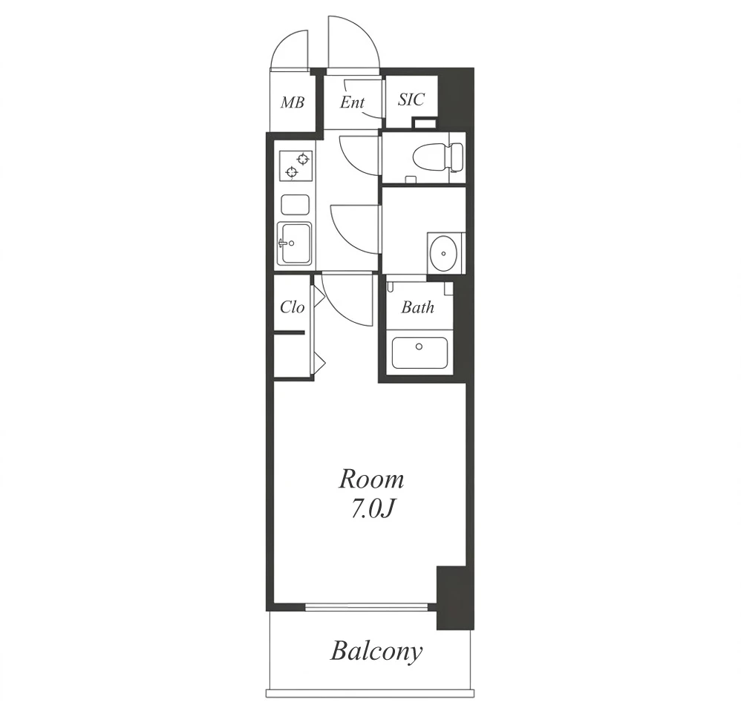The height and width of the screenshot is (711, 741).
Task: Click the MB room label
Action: [292, 102]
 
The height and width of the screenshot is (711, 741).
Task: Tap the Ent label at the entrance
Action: [352, 102]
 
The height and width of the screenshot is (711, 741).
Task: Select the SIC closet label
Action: [411, 99]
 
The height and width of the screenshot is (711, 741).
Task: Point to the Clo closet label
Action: [292, 307]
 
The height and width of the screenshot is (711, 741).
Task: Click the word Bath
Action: [418, 307]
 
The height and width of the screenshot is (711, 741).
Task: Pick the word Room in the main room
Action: [371, 479]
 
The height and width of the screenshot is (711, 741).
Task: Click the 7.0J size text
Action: [371, 509]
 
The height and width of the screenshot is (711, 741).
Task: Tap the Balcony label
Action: [376, 652]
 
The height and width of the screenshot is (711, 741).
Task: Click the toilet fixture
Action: [437, 158]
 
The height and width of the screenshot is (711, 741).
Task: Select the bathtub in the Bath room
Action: [420, 353]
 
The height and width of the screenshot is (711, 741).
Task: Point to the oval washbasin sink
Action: [443, 253]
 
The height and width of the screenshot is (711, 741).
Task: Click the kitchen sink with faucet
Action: [294, 243]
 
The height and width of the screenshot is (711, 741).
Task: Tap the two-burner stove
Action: [296, 166]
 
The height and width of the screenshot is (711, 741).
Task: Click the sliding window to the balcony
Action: [366, 606]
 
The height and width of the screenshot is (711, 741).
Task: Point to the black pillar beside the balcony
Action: [454, 597]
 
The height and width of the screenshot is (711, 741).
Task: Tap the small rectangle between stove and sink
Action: [296, 204]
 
